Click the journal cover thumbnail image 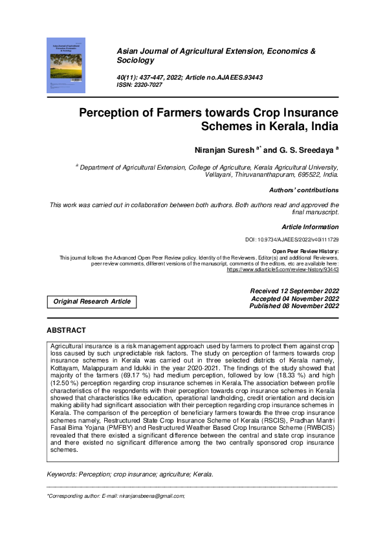65,64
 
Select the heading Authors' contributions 304,190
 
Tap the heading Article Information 310,227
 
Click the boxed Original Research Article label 92,302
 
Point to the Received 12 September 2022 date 294,291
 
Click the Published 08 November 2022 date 294,306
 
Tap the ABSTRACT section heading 66,330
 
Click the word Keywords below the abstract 63,456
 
